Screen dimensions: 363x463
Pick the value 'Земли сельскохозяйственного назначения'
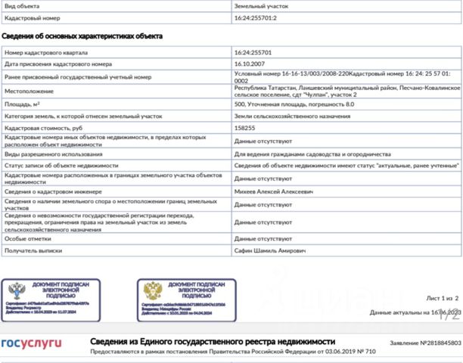click(287, 116)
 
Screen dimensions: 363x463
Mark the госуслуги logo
click(31, 343)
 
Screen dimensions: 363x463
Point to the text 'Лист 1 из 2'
click(443, 299)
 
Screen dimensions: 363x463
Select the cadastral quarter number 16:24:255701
click(252, 54)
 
